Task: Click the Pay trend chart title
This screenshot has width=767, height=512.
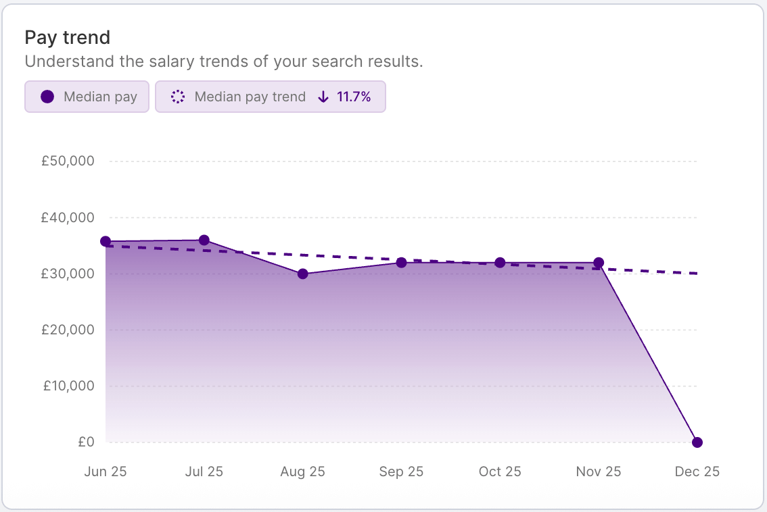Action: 67,37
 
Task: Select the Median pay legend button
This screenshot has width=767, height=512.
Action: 87,97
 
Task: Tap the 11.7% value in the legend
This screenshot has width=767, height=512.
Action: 354,97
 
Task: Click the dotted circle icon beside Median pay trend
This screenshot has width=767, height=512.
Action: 178,97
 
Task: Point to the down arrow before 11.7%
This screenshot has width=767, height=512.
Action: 323,97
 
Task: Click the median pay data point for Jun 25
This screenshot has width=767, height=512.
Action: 106,242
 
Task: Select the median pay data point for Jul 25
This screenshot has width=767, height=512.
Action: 204,240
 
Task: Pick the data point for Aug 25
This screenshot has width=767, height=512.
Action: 303,274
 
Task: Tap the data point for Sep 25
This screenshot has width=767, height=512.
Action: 402,262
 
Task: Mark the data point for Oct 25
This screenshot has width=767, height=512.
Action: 500,262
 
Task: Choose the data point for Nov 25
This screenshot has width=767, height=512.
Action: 599,262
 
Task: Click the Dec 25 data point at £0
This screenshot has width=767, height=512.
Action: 697,442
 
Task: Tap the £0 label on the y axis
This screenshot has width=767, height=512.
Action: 85,442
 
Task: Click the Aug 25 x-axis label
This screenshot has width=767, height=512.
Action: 302,471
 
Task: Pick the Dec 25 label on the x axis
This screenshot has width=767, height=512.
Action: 697,471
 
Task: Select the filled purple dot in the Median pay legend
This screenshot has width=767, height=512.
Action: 47,97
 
